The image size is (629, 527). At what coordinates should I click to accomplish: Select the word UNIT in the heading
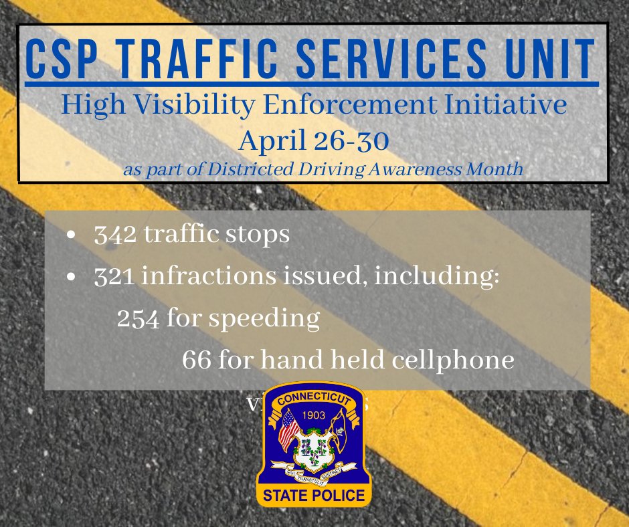(549, 58)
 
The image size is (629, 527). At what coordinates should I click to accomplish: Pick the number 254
(137, 320)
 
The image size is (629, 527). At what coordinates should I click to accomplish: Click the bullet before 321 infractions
(72, 280)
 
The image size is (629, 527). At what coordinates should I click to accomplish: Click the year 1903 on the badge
(314, 415)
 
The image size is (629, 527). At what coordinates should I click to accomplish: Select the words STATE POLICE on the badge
(314, 496)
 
